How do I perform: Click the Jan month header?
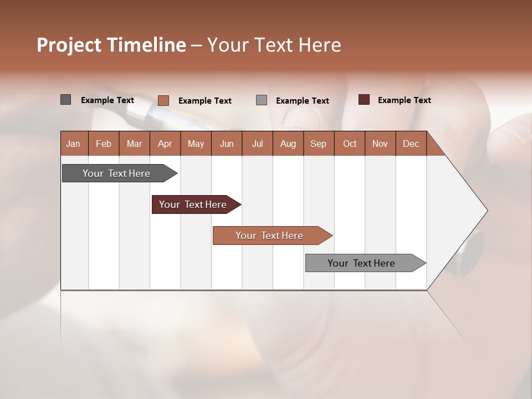(73, 144)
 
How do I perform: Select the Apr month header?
(165, 144)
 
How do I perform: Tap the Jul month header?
(257, 144)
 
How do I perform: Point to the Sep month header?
(318, 144)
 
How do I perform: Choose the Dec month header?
(411, 144)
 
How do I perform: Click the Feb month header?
(104, 144)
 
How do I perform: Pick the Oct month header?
(350, 144)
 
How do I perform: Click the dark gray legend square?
(65, 100)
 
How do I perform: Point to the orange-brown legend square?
(163, 100)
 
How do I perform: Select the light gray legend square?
(262, 100)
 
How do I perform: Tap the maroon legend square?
(364, 100)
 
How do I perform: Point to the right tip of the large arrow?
(487, 211)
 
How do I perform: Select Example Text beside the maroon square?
(404, 100)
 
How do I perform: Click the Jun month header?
(226, 144)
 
